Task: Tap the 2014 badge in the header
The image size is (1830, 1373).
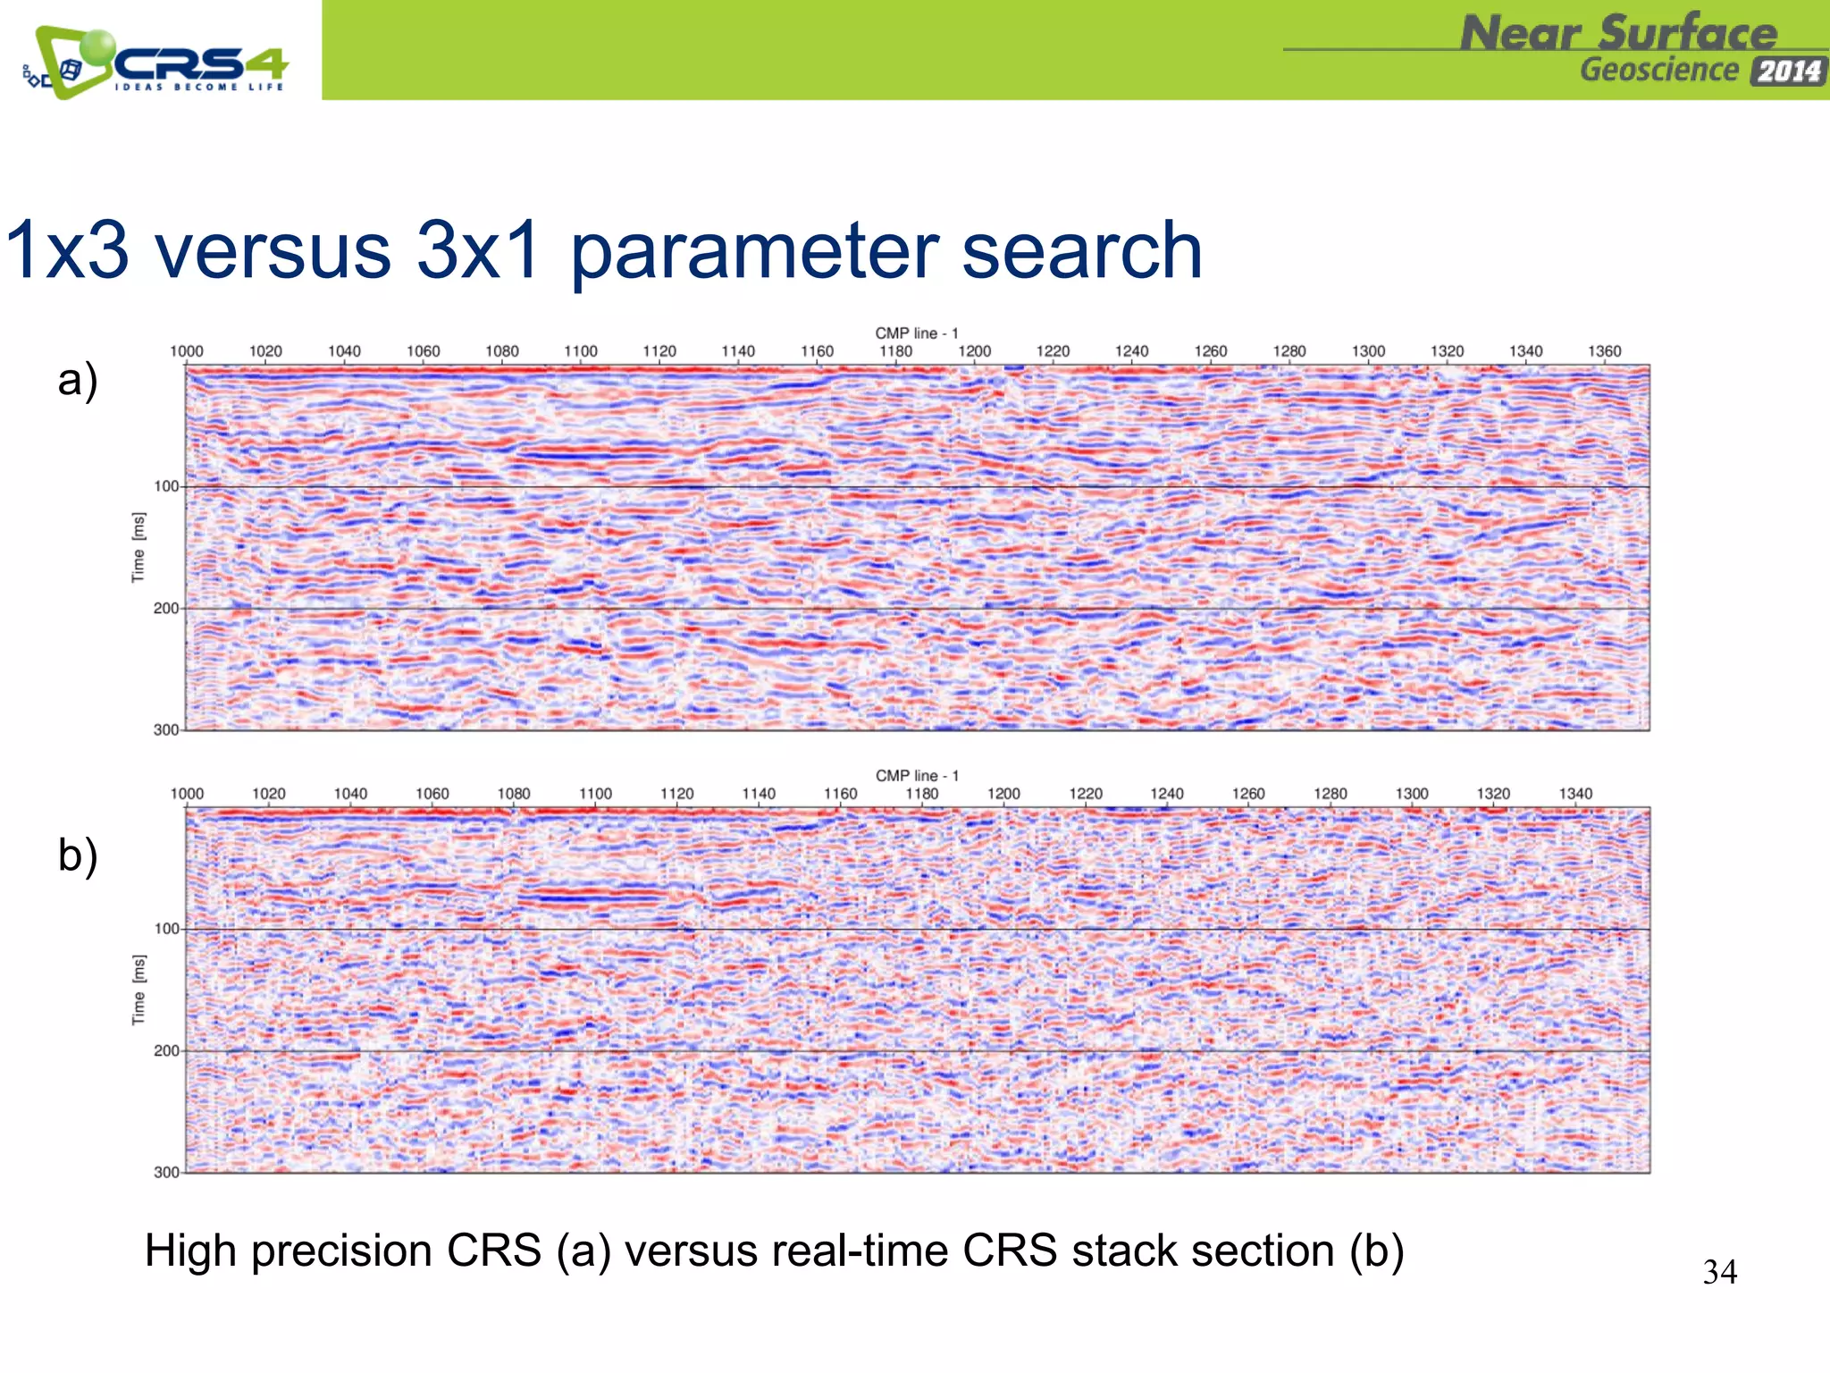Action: (1788, 71)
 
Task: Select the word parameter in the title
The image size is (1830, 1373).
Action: (753, 253)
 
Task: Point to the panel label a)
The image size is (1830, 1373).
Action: (78, 380)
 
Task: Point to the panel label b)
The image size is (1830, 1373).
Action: (78, 855)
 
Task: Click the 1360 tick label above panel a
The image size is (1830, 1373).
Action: (1604, 351)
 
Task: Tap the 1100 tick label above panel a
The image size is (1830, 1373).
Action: (580, 351)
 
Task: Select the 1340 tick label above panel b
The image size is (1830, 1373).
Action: (1575, 794)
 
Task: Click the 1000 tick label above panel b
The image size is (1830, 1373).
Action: (187, 794)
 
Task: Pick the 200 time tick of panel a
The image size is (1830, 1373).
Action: (166, 609)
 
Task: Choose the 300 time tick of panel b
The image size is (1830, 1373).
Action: (166, 1172)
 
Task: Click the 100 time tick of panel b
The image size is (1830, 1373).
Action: (166, 929)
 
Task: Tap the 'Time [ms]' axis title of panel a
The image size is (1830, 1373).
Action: (138, 547)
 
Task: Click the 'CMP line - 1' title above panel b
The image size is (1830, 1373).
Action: (916, 775)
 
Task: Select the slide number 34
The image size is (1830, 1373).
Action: (1719, 1272)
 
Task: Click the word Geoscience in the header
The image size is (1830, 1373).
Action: (1659, 70)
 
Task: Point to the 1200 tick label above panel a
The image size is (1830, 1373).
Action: (974, 351)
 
